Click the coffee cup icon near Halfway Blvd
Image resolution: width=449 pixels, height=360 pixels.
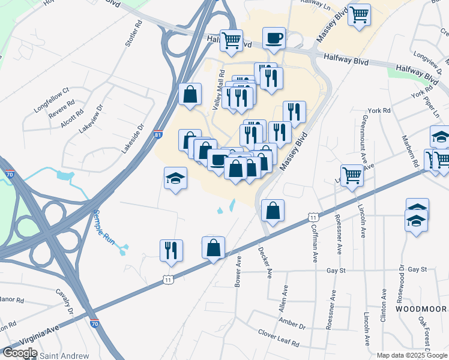pyautogui.click(x=274, y=38)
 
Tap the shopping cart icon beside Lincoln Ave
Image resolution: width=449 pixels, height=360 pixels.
pyautogui.click(x=352, y=175)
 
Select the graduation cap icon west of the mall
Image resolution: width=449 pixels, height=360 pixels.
pyautogui.click(x=175, y=178)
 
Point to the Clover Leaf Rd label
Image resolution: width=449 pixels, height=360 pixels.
pyautogui.click(x=279, y=338)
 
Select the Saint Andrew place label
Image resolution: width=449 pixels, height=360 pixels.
pyautogui.click(x=64, y=356)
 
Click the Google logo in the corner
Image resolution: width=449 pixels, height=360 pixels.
pyautogui.click(x=20, y=353)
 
